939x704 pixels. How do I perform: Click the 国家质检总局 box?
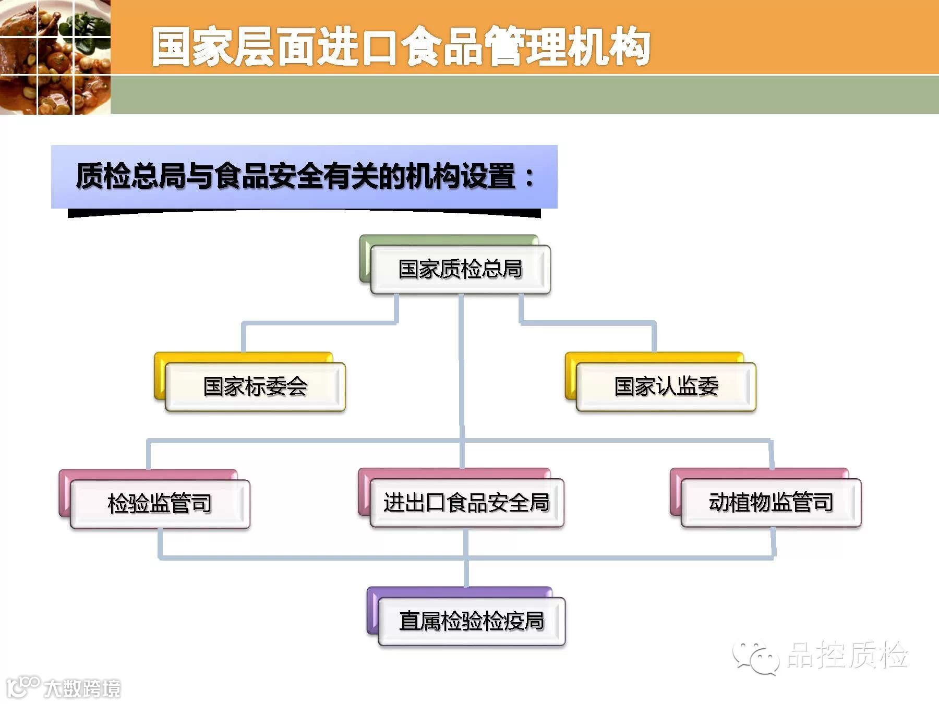click(x=460, y=270)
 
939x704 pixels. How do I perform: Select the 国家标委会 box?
click(x=255, y=387)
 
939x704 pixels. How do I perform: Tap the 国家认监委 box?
click(x=666, y=387)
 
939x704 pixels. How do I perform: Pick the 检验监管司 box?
click(x=160, y=504)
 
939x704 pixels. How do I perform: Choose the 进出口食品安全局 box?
click(x=467, y=503)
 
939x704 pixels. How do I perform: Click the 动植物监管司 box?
click(x=771, y=503)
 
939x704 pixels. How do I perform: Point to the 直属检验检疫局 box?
click(x=472, y=622)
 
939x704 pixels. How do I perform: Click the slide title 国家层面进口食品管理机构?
click(x=401, y=47)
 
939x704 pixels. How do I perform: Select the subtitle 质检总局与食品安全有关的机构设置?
click(x=295, y=176)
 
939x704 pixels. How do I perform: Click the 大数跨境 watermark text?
click(x=82, y=688)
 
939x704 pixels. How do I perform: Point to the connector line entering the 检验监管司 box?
click(x=149, y=455)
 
